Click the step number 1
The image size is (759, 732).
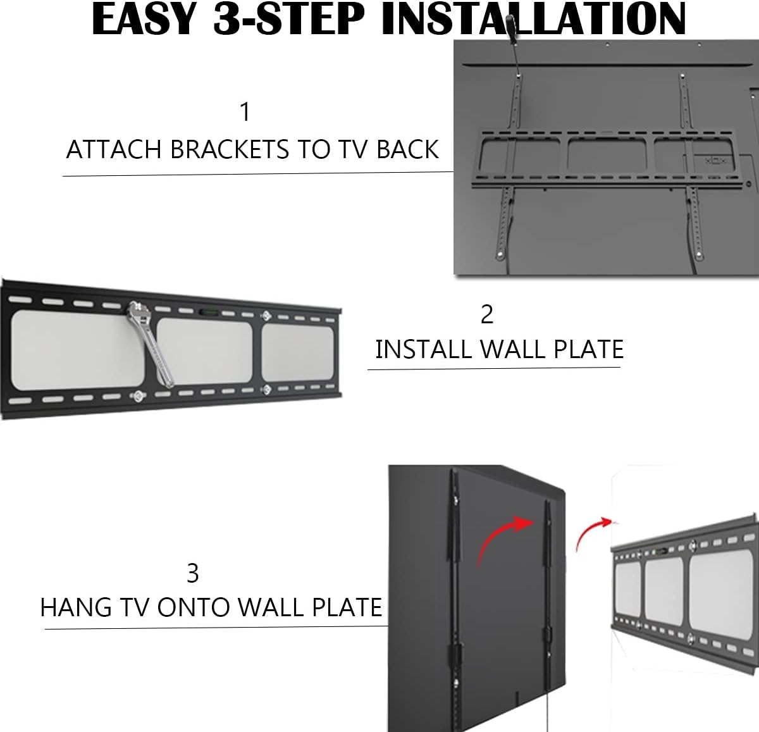point(245,112)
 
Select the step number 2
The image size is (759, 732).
point(486,314)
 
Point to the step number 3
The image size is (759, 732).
point(193,573)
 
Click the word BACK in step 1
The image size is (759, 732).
point(408,149)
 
